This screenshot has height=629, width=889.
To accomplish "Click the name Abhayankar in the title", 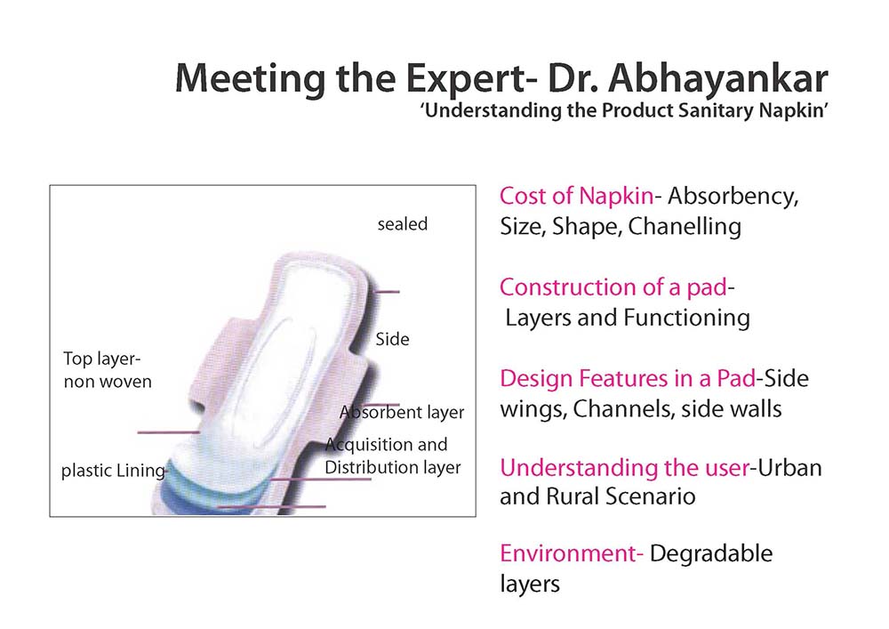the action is [x=718, y=79].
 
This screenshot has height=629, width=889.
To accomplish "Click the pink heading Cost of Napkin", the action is [x=577, y=197].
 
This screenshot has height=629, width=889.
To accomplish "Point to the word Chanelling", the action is [x=685, y=226].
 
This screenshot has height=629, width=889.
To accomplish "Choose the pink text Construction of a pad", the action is [x=613, y=287].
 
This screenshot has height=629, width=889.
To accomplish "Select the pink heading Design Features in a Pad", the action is [x=628, y=378].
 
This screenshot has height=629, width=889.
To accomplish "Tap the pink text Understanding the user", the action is [x=625, y=468].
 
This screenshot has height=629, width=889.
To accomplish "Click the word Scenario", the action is [x=649, y=496].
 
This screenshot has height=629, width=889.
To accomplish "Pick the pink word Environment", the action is [x=568, y=553].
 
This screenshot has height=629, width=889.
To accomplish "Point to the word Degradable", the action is [x=711, y=554].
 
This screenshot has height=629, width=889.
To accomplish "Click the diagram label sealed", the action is [x=403, y=224].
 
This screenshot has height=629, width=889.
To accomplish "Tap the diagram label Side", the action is [x=392, y=339].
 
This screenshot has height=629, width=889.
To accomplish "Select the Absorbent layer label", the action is [x=402, y=412].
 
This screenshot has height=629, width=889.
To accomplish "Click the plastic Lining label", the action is [x=114, y=471].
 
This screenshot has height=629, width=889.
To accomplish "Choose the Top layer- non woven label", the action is [x=108, y=370].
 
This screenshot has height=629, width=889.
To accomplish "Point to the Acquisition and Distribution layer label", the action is [x=393, y=456].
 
